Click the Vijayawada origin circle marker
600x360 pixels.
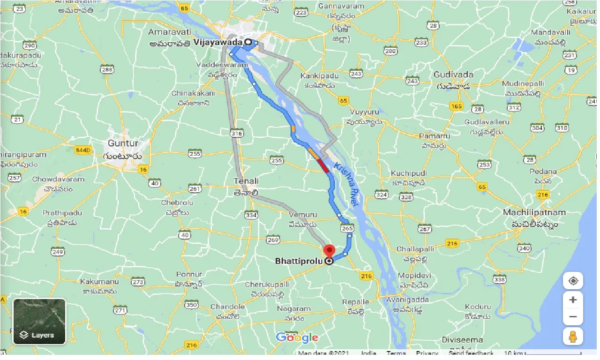247,42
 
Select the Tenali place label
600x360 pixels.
246,181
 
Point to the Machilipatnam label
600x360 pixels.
534,212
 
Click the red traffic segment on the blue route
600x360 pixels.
323,165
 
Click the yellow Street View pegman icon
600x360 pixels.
573,336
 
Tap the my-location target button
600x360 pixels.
573,281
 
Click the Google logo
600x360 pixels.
297,337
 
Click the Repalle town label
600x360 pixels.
355,301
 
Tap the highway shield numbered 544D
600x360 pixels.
83,150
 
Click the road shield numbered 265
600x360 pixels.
347,228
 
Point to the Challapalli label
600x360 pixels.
416,248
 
